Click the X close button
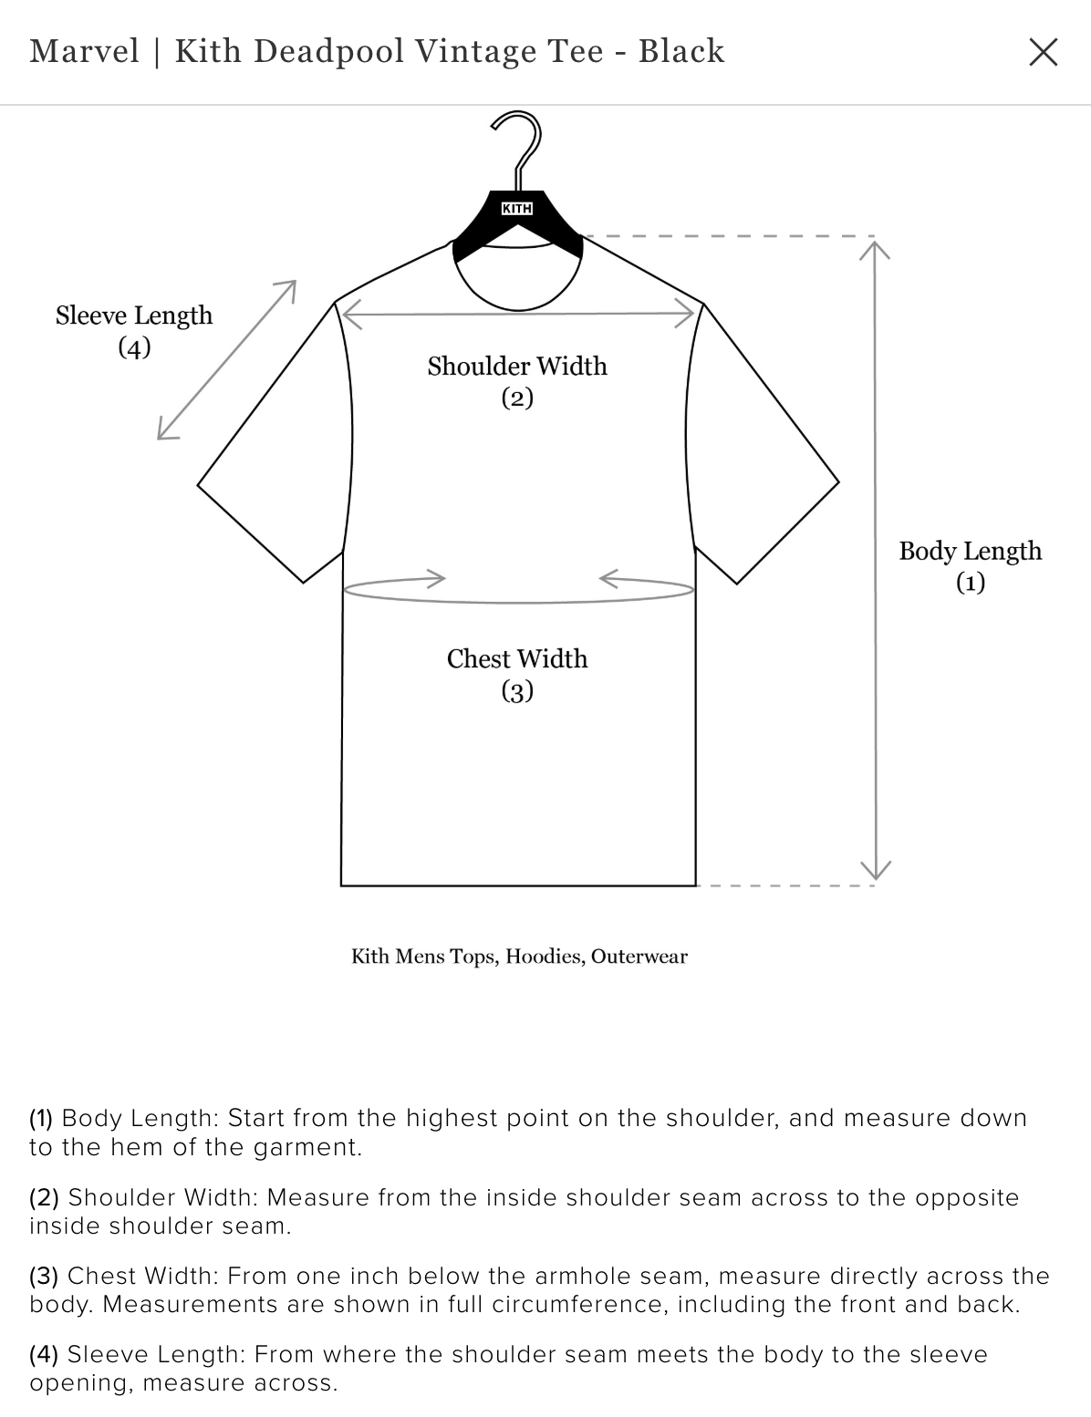pos(1043,52)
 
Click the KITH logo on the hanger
pos(517,209)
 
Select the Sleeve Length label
pos(134,331)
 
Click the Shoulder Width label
pos(517,381)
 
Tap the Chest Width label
pos(517,674)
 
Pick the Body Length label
pos(971,566)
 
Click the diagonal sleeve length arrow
pos(227,360)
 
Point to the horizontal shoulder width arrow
pos(518,314)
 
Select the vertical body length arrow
pos(875,561)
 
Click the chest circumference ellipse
pos(518,590)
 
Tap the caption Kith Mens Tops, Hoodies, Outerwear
pos(519,957)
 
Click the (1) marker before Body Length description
pos(41,1118)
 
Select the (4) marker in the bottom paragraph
pos(44,1354)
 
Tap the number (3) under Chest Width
pos(517,691)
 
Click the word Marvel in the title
pos(85,51)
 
